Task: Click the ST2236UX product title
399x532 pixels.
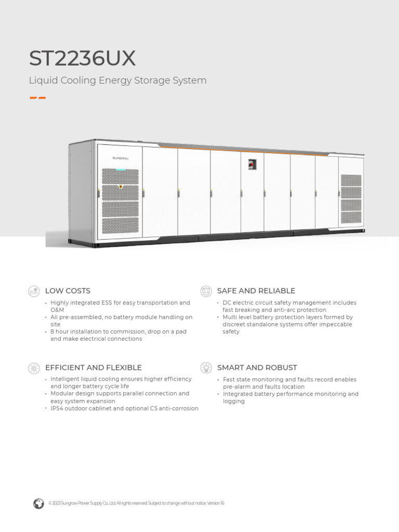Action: coord(83,59)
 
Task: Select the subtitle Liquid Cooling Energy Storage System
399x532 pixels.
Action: coord(118,81)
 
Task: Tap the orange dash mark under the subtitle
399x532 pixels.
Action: coord(37,97)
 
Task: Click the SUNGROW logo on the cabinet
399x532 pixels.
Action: coord(120,157)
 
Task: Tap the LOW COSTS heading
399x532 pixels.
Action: coord(68,291)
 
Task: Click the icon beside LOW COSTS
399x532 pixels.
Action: coord(34,291)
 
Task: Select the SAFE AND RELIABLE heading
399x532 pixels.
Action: coord(256,291)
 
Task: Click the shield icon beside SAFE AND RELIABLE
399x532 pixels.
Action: coord(206,291)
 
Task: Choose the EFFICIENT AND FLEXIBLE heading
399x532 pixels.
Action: coord(94,368)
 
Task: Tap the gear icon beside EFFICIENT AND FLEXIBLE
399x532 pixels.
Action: coord(34,368)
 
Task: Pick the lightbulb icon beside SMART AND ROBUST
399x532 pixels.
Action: coord(206,368)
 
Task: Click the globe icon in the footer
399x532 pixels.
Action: coord(38,503)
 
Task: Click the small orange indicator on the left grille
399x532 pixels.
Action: coord(121,186)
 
